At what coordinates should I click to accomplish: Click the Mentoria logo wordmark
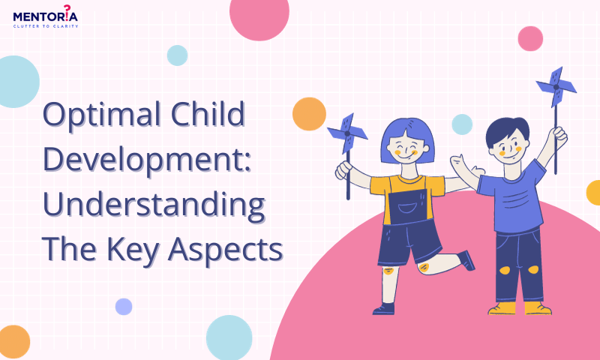tap(46, 14)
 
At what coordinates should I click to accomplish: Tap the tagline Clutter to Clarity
tap(46, 26)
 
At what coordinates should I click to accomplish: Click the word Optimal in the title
tap(102, 115)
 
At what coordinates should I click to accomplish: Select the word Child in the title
tap(208, 114)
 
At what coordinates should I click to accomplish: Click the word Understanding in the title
tap(154, 205)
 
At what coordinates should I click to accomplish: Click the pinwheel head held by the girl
tap(347, 133)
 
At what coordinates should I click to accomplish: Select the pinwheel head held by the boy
tap(556, 87)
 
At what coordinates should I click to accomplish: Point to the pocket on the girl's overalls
tap(408, 208)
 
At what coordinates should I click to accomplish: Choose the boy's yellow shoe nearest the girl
tap(502, 308)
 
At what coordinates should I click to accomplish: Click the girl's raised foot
tap(466, 260)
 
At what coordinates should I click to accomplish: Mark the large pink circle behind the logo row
tap(259, 15)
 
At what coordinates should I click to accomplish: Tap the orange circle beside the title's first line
tap(309, 114)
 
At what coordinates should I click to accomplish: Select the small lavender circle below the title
tap(124, 307)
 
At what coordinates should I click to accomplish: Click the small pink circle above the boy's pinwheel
tap(530, 39)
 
